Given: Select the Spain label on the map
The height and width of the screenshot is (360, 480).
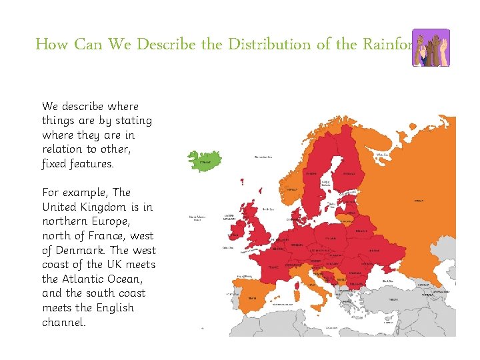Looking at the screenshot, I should tap(252, 298).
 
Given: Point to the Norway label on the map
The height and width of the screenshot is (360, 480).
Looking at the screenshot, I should tap(291, 189).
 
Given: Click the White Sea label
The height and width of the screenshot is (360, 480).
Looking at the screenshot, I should tap(382, 154).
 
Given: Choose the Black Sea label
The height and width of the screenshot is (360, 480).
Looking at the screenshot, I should tap(387, 281).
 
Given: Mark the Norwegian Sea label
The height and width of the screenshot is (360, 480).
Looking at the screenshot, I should tap(263, 157).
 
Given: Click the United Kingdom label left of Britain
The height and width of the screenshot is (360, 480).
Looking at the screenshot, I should tap(229, 217).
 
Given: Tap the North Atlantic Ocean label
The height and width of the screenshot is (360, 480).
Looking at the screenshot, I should tap(197, 218).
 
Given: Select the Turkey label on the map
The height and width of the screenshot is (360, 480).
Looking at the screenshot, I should tap(393, 299).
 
